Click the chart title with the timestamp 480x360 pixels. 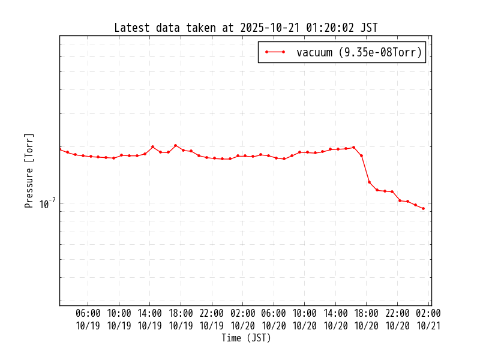click(x=246, y=28)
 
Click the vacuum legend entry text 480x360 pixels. click(x=359, y=52)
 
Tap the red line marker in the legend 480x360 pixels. click(x=275, y=52)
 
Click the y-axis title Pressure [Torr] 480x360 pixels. click(x=29, y=170)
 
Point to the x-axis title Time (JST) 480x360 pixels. click(x=246, y=338)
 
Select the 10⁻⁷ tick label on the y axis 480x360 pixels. click(x=47, y=204)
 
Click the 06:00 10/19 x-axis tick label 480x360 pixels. click(x=88, y=319)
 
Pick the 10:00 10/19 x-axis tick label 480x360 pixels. click(x=119, y=319)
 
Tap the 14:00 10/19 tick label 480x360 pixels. click(x=150, y=319)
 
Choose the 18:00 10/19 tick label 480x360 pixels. click(x=181, y=319)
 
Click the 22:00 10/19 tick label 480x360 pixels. click(x=212, y=319)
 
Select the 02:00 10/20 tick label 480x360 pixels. click(x=243, y=319)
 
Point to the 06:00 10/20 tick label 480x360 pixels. click(x=274, y=319)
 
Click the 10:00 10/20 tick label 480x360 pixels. click(x=305, y=319)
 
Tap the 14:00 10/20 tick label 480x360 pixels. click(x=335, y=319)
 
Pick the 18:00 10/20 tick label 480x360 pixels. click(x=367, y=319)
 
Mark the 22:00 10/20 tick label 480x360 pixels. click(x=397, y=319)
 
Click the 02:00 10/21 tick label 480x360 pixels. click(x=428, y=319)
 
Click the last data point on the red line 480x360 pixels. click(x=423, y=208)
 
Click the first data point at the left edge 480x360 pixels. click(x=60, y=149)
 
